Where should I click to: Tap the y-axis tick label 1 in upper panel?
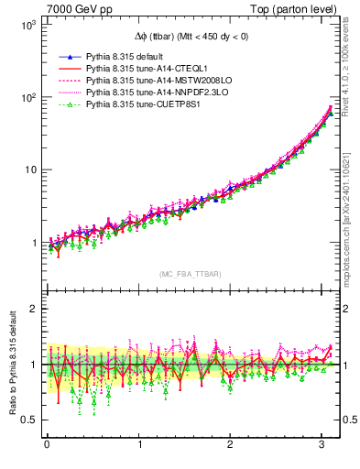click(31, 243)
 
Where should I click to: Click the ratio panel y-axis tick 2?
click(31, 309)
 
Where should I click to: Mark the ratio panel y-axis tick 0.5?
click(27, 420)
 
